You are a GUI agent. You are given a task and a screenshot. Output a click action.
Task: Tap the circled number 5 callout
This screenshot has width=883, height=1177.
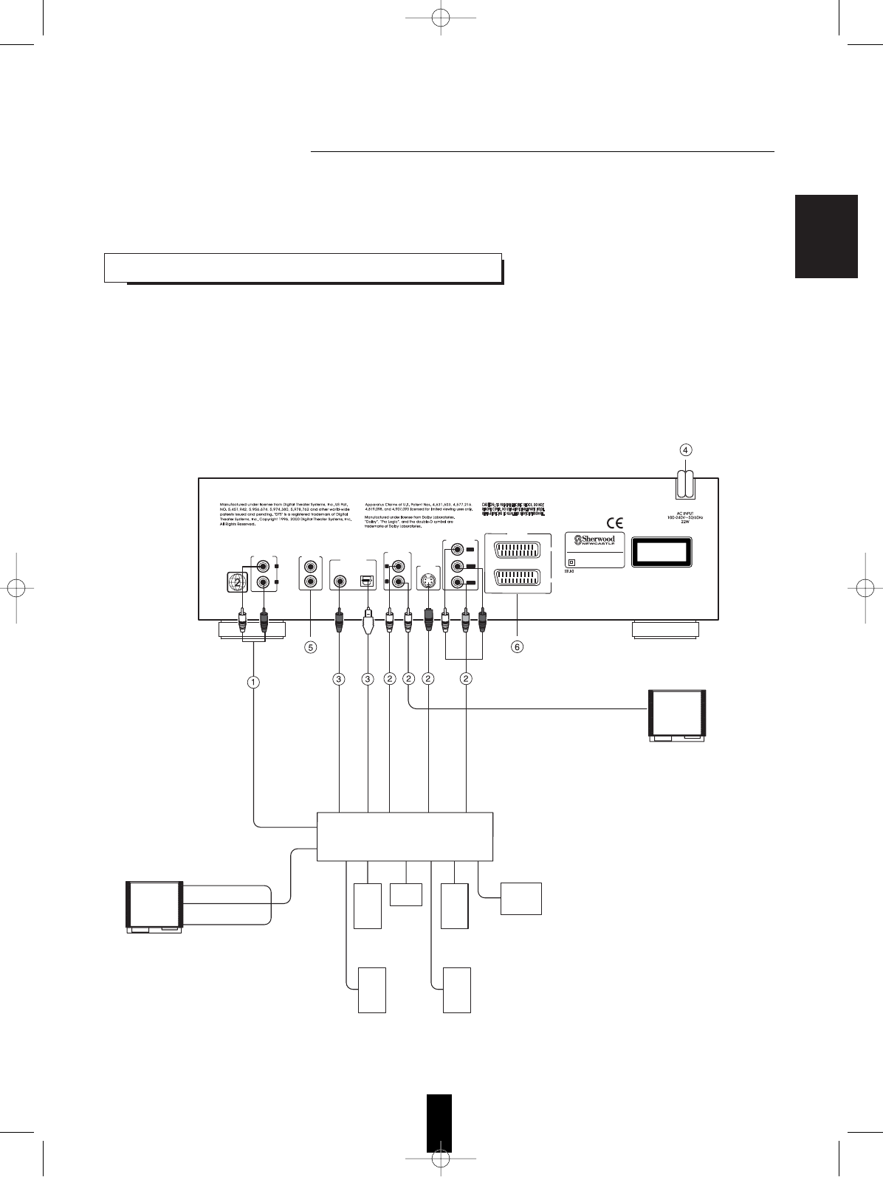(311, 647)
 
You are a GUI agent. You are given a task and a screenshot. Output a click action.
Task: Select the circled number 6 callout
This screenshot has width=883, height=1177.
(518, 647)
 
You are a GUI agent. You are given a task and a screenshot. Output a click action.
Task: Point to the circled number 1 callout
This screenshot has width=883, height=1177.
(253, 683)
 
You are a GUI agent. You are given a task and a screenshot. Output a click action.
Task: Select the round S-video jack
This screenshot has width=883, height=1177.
(428, 580)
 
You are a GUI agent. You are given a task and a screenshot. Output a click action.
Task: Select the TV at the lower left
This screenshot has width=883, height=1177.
(154, 907)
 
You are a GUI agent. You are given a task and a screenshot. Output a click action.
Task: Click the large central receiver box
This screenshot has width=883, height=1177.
(405, 837)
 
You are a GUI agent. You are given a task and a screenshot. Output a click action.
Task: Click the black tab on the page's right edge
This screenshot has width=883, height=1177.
(826, 236)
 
